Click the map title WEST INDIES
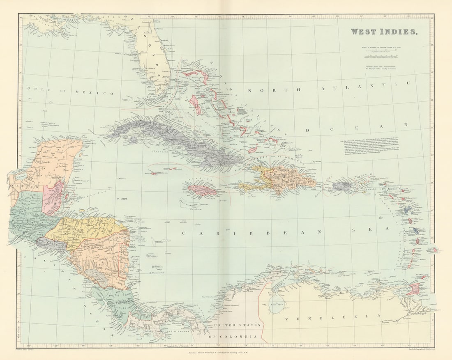tap(383, 32)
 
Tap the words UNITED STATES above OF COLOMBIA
tap(236, 326)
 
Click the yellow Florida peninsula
tap(154, 57)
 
